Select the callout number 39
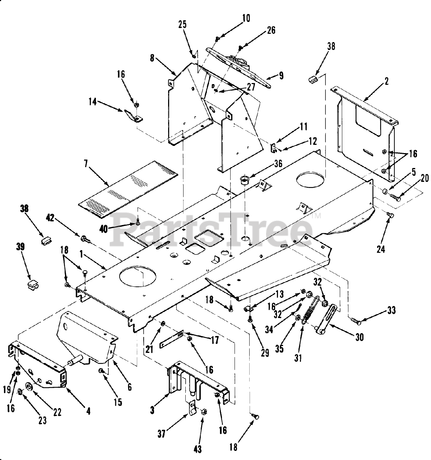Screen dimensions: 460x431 pyautogui.click(x=20, y=246)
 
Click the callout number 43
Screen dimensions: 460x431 pyautogui.click(x=198, y=449)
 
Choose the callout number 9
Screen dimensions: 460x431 pyautogui.click(x=281, y=76)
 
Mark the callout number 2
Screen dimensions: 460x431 pyautogui.click(x=386, y=81)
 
